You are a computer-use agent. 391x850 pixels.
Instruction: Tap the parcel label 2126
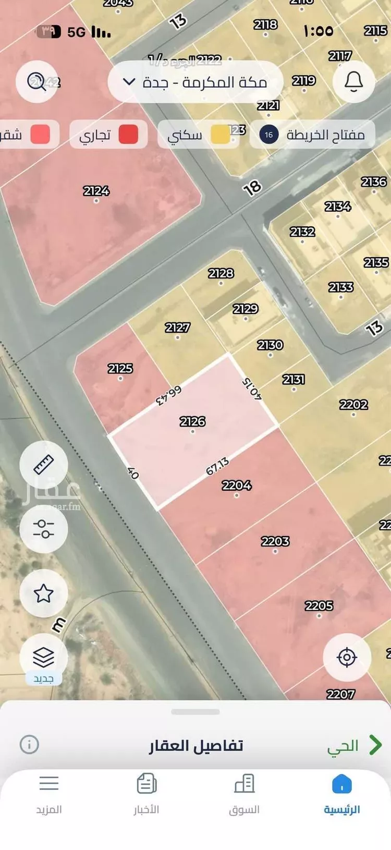[x=192, y=421]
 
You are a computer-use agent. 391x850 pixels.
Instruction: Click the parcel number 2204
[x=237, y=485]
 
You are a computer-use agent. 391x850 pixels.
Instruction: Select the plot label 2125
[x=120, y=369]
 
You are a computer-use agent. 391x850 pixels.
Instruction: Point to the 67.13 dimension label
[x=217, y=466]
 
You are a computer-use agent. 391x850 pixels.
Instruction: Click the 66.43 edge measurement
[x=169, y=396]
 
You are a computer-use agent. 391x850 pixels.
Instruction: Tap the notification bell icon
[x=353, y=81]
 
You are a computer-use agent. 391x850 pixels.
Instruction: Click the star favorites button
[x=44, y=593]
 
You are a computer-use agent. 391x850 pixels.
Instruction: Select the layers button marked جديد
[x=44, y=658]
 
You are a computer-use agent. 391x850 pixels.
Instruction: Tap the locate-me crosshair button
[x=347, y=657]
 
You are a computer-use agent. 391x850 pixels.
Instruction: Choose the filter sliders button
[x=44, y=528]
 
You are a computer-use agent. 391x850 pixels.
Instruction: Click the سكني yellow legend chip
[x=198, y=135]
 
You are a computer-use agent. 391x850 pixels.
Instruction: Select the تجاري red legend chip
[x=108, y=135]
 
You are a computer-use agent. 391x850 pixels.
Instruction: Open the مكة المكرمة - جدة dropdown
[x=195, y=82]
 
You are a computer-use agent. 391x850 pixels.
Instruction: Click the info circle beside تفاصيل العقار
[x=29, y=744]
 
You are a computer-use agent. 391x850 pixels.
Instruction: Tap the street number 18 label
[x=252, y=188]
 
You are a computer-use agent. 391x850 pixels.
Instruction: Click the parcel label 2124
[x=96, y=191]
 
